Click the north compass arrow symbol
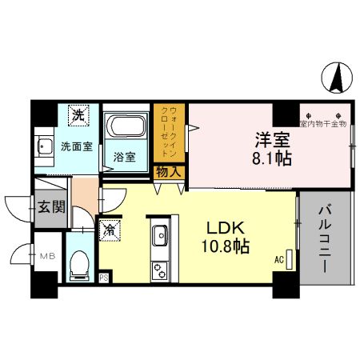[336, 78]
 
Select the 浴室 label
[125, 156]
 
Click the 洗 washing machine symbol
[78, 116]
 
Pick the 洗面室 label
[75, 146]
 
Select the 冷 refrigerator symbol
[110, 229]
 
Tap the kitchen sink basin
[158, 236]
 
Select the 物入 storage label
[169, 170]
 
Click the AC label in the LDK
[279, 258]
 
